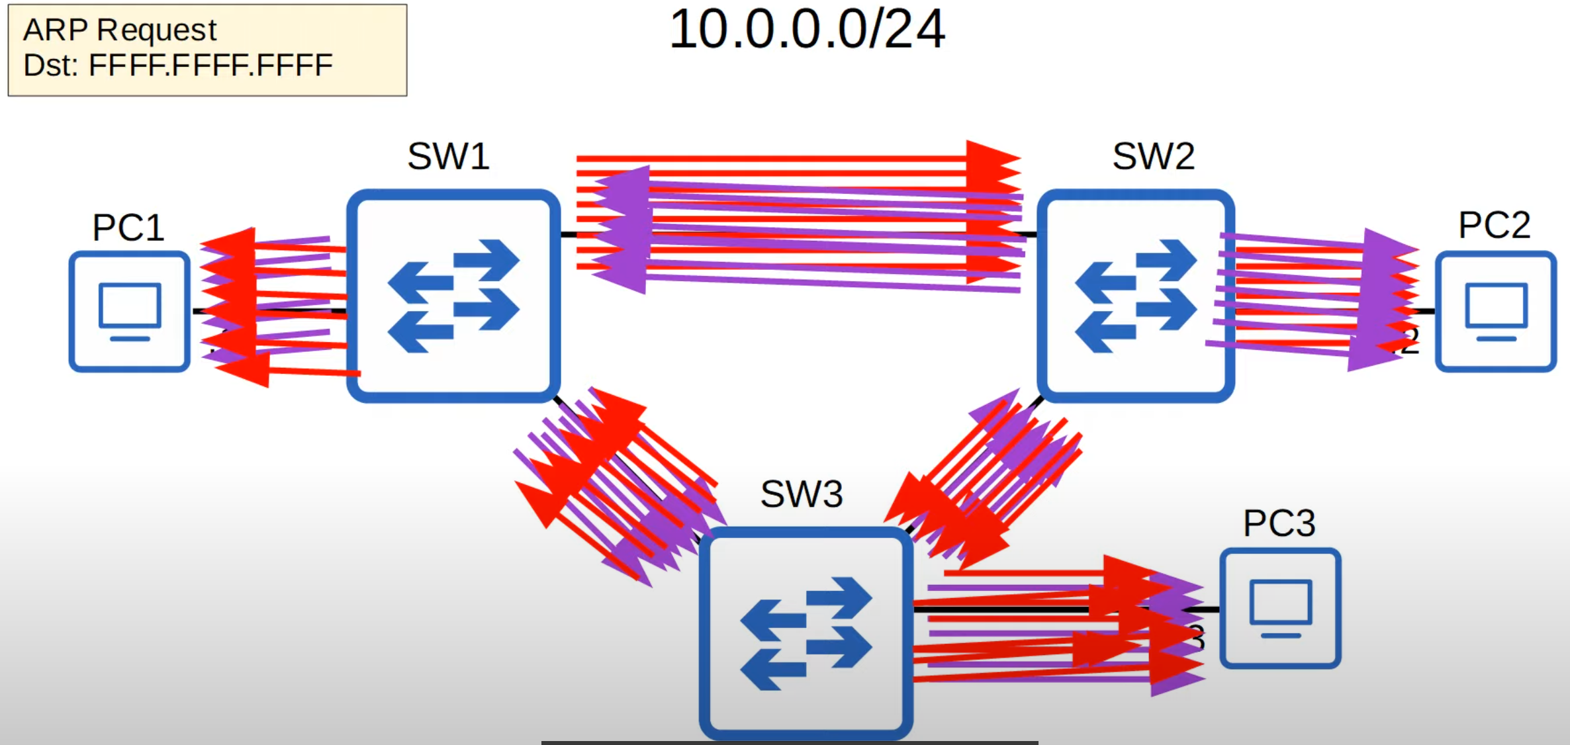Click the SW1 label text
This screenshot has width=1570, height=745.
tap(448, 157)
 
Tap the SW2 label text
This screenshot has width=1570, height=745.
tap(1153, 157)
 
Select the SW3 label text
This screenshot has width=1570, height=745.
tap(801, 494)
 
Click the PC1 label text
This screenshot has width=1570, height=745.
tap(128, 228)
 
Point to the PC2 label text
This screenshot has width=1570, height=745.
tap(1494, 226)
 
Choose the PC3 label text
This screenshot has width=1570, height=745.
tap(1279, 524)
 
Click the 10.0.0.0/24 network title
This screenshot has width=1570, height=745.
tap(807, 30)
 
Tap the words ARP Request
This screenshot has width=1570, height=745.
tap(120, 30)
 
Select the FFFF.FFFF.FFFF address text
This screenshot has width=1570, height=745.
tap(210, 66)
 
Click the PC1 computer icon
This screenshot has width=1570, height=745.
tap(130, 312)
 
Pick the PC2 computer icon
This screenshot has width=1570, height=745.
tap(1495, 312)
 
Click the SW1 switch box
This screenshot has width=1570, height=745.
tap(453, 296)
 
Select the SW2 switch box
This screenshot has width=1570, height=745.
tap(1135, 296)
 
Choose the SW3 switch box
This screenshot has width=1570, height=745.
tap(806, 633)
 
